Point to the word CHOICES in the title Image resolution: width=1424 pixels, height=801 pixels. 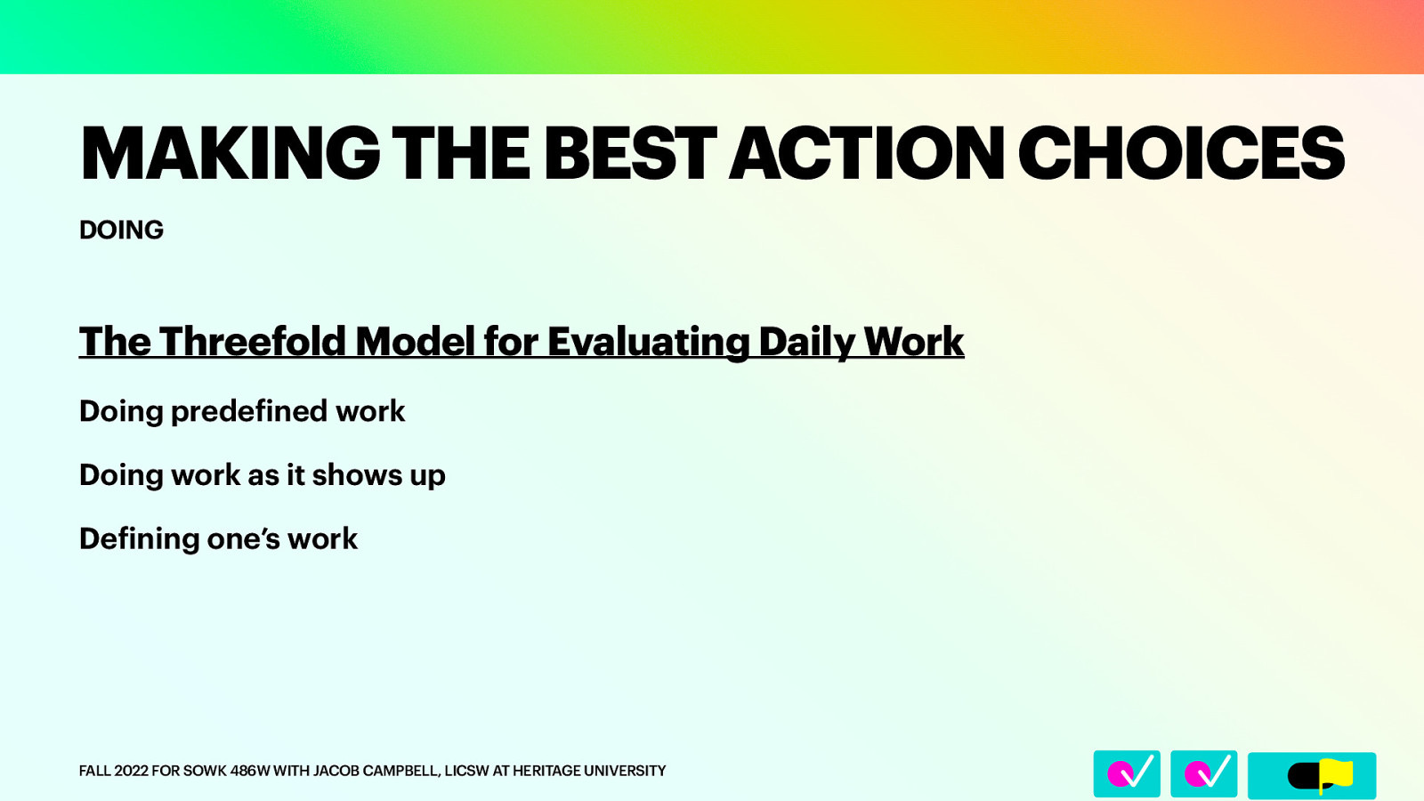click(x=1181, y=154)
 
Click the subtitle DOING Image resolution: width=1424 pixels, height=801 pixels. click(x=121, y=230)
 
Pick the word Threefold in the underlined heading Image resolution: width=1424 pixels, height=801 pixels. click(x=253, y=342)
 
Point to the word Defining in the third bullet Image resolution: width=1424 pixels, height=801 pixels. click(x=139, y=539)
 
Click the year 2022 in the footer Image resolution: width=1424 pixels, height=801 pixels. click(x=131, y=771)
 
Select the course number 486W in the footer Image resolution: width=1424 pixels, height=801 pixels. click(x=249, y=771)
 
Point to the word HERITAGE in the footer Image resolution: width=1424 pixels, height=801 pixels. click(x=546, y=771)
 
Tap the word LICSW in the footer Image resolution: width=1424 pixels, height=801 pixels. click(x=466, y=771)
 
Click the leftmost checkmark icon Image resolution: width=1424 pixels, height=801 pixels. click(x=1127, y=773)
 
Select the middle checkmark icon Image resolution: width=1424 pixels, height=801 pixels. click(x=1203, y=773)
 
